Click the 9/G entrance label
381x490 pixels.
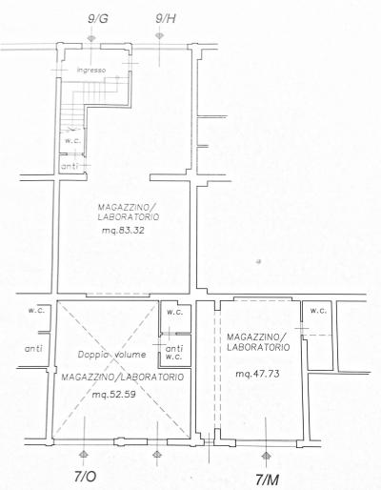click(98, 19)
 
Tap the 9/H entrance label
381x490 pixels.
click(166, 19)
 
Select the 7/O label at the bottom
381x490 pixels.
click(85, 477)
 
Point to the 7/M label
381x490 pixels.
click(268, 480)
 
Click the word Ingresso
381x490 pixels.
click(91, 71)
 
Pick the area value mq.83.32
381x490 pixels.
click(123, 231)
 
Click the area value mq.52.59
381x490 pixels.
click(114, 395)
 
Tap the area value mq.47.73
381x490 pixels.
click(257, 374)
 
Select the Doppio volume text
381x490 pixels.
click(112, 355)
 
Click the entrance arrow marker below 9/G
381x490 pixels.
click(91, 38)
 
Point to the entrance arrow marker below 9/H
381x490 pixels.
click(159, 35)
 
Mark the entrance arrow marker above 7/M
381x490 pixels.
click(266, 456)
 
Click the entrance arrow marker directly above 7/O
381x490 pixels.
click(84, 454)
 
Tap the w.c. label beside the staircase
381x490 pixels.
click(72, 141)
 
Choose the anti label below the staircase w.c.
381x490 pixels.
click(70, 166)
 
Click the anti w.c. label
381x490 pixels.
click(174, 353)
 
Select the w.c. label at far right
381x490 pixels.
click(318, 311)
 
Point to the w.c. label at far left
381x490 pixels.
click(36, 311)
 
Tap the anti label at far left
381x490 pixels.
click(33, 349)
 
